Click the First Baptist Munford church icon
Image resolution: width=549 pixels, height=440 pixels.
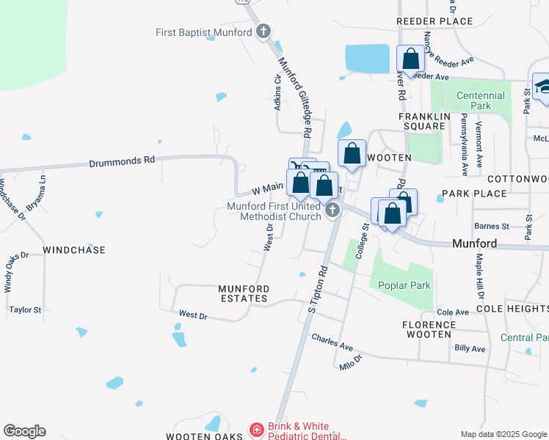263,32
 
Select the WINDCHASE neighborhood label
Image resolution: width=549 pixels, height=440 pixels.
74,250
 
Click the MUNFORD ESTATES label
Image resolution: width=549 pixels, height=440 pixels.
244,293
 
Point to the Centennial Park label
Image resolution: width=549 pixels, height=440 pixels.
480,100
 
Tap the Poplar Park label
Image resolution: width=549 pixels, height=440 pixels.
404,285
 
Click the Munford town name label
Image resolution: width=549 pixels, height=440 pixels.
475,243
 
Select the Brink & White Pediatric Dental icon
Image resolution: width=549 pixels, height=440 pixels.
256,429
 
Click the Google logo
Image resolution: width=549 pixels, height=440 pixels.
24,431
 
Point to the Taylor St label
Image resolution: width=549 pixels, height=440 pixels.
26,310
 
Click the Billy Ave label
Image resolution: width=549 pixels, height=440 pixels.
470,348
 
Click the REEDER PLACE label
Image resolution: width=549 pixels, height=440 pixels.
435,22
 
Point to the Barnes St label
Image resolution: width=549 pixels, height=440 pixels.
491,227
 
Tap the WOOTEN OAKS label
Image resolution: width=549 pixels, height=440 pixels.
204,436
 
